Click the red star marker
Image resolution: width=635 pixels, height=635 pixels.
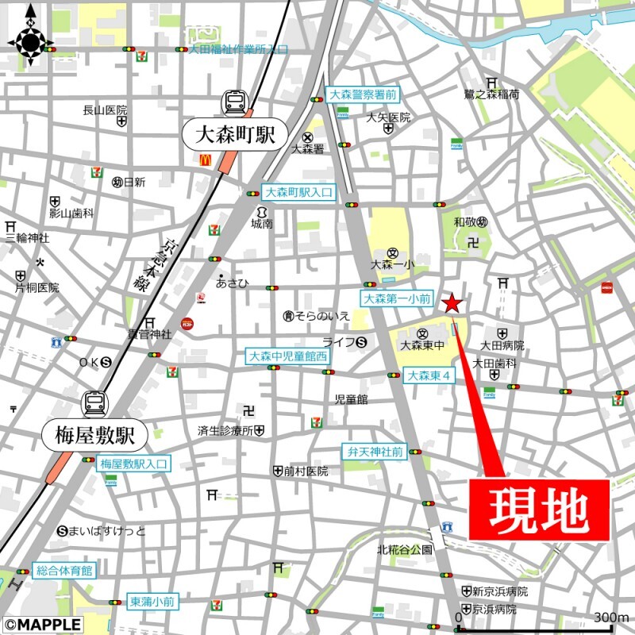point(452,303)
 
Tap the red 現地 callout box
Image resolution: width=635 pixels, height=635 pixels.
point(540,510)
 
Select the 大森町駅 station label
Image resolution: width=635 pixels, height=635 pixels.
point(229,134)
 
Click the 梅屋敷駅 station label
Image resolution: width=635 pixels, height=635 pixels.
point(94,435)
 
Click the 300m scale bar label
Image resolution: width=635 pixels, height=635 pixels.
point(611,618)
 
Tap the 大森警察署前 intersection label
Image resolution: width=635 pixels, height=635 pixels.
point(362,94)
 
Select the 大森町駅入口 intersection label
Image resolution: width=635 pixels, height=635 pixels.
point(298,192)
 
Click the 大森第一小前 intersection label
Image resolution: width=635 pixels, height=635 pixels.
point(397,299)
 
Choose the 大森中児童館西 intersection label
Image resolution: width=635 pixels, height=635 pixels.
point(287,356)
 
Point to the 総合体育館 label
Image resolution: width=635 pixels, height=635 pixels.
point(64,570)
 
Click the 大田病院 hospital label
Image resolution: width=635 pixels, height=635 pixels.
point(502,345)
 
